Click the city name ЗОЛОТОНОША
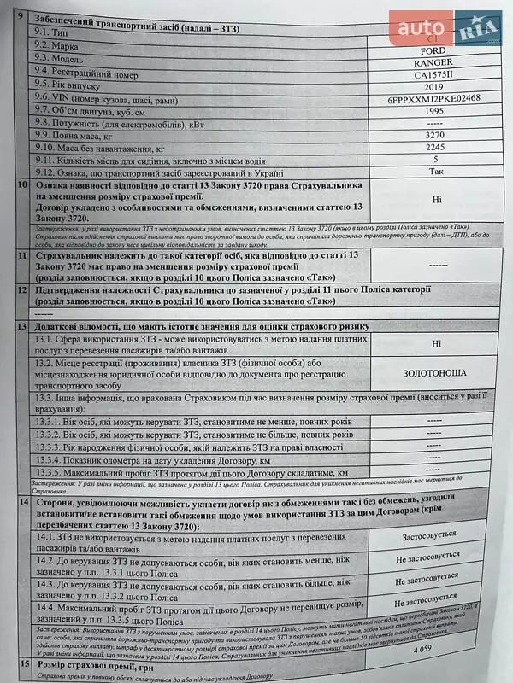point(435,373)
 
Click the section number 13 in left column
point(22,328)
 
